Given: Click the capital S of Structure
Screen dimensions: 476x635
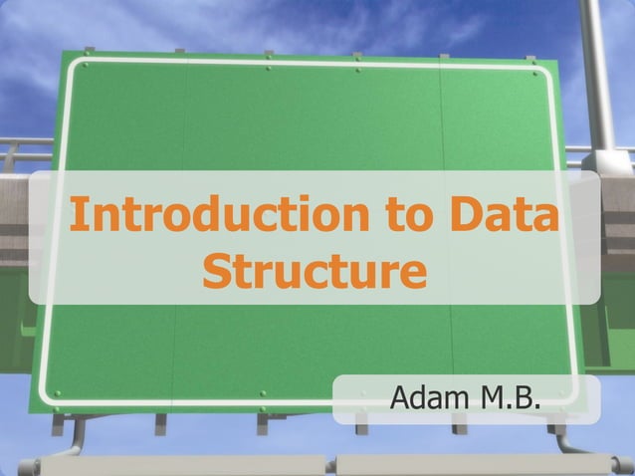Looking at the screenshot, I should tap(218, 270).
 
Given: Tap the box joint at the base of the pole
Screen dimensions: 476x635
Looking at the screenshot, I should tap(603, 162).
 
